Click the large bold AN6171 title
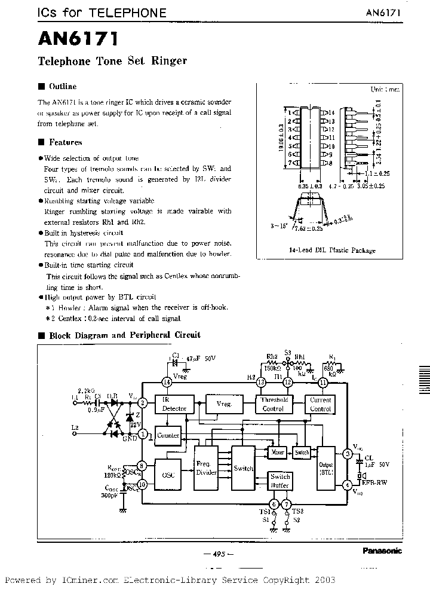tap(78, 39)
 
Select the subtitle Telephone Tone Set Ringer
tap(112, 61)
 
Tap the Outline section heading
tap(62, 87)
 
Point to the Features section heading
tap(65, 142)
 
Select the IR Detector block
tap(174, 404)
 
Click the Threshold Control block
tap(274, 404)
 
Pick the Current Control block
tap(321, 404)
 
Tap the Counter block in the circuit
tap(168, 436)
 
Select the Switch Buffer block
tap(279, 481)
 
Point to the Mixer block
tap(277, 453)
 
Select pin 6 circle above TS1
tap(274, 504)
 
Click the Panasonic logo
tap(382, 551)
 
